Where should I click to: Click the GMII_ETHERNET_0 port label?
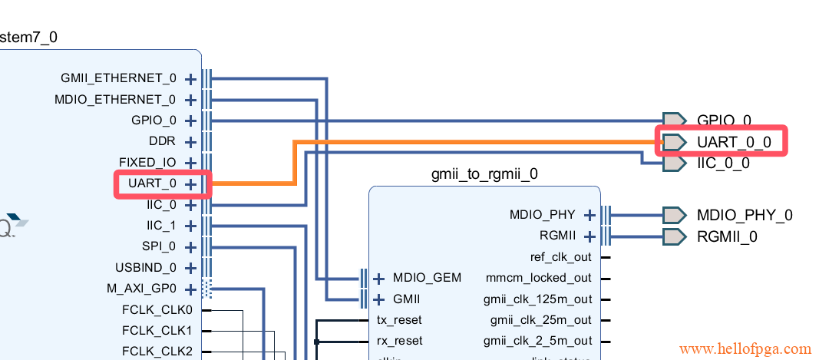pos(117,78)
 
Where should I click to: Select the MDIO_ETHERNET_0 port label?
pos(115,100)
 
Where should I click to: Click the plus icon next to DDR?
pos(190,142)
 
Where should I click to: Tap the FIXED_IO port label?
pos(147,163)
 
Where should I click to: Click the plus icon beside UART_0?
pos(190,184)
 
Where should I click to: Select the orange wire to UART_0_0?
pos(461,142)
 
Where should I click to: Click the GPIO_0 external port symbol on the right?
pos(674,121)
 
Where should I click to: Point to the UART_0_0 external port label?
pos(733,142)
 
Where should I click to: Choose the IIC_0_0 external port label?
pos(723,163)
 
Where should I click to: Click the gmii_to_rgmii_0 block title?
pos(484,173)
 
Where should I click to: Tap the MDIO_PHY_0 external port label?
pos(744,215)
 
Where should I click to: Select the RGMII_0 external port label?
pos(727,236)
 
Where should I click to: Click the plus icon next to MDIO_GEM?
pos(378,278)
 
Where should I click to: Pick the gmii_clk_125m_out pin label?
pos(537,299)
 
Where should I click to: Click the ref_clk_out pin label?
pos(560,257)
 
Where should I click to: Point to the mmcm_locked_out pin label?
pos(539,278)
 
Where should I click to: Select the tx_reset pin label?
pos(399,320)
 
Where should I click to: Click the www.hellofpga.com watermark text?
pos(745,349)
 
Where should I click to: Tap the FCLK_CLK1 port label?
pos(157,331)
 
